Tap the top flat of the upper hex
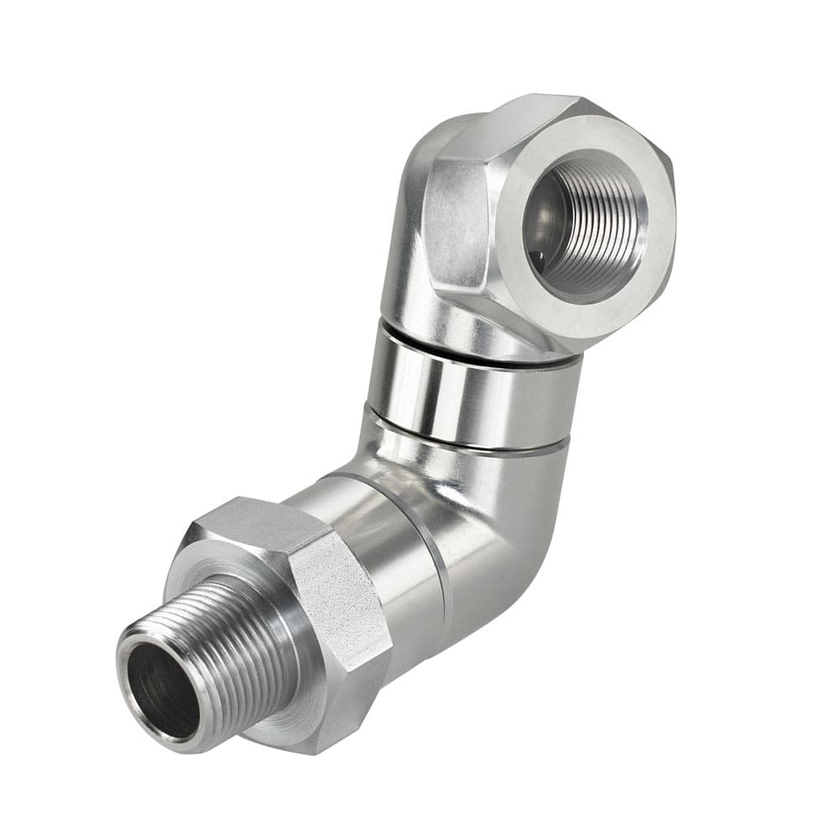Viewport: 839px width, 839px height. pyautogui.click(x=520, y=122)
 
